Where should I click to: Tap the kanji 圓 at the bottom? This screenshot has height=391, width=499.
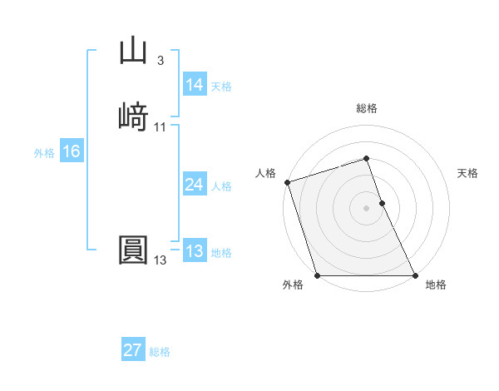click(x=133, y=250)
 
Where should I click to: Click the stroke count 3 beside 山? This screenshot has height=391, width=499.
click(x=160, y=61)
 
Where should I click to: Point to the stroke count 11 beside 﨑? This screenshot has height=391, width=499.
click(x=160, y=126)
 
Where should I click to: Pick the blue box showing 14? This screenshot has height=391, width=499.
click(x=195, y=85)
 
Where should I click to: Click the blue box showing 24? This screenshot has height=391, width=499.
click(x=195, y=185)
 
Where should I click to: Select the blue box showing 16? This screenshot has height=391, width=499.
click(x=72, y=151)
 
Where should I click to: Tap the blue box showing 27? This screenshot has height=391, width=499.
click(x=133, y=350)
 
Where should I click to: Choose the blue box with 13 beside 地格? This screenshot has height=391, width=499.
click(x=195, y=251)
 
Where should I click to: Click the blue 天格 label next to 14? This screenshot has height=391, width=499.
click(x=221, y=87)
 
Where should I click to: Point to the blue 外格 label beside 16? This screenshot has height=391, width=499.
click(x=44, y=153)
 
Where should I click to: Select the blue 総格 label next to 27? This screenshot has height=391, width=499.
click(x=160, y=352)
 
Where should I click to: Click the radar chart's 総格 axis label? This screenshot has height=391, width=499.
click(x=366, y=108)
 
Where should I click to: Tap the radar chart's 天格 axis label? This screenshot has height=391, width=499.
click(x=467, y=173)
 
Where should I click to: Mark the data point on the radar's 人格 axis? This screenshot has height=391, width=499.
click(x=287, y=182)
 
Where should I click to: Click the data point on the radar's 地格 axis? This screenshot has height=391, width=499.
click(x=415, y=275)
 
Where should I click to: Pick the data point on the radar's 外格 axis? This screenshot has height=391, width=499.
click(x=317, y=275)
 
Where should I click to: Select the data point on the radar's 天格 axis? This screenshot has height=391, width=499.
click(x=382, y=203)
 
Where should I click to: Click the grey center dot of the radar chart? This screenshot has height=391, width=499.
click(x=366, y=208)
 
